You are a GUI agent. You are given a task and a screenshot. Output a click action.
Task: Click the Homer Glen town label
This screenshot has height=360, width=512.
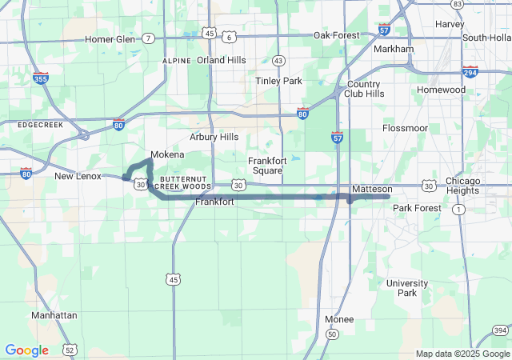click(110, 39)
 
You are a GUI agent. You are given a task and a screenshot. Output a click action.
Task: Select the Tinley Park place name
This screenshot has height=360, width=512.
click(278, 81)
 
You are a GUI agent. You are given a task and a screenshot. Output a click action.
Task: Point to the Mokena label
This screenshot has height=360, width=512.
click(167, 154)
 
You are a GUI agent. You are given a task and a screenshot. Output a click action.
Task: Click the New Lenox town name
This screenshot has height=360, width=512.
click(78, 176)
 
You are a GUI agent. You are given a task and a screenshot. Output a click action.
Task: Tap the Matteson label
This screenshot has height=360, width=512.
click(372, 189)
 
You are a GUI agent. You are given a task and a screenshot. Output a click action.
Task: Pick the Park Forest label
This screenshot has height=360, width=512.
click(417, 208)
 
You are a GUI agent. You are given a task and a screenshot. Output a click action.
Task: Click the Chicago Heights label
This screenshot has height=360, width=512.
click(462, 185)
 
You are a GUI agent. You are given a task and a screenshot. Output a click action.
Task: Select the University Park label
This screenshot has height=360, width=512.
click(407, 288)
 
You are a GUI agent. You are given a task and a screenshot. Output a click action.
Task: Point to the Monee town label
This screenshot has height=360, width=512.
click(339, 319)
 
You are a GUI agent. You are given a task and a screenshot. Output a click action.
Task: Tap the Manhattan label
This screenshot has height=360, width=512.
click(54, 315)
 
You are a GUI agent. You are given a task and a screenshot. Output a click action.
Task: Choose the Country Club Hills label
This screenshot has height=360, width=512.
click(365, 89)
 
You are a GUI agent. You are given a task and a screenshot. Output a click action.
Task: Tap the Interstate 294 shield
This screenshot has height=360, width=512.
click(470, 72)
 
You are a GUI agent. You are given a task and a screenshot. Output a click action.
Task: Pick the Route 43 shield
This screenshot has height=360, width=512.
click(278, 61)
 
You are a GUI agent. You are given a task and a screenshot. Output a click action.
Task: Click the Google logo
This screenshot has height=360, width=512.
click(26, 350)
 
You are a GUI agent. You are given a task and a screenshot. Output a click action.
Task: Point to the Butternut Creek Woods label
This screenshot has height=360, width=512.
click(185, 182)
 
